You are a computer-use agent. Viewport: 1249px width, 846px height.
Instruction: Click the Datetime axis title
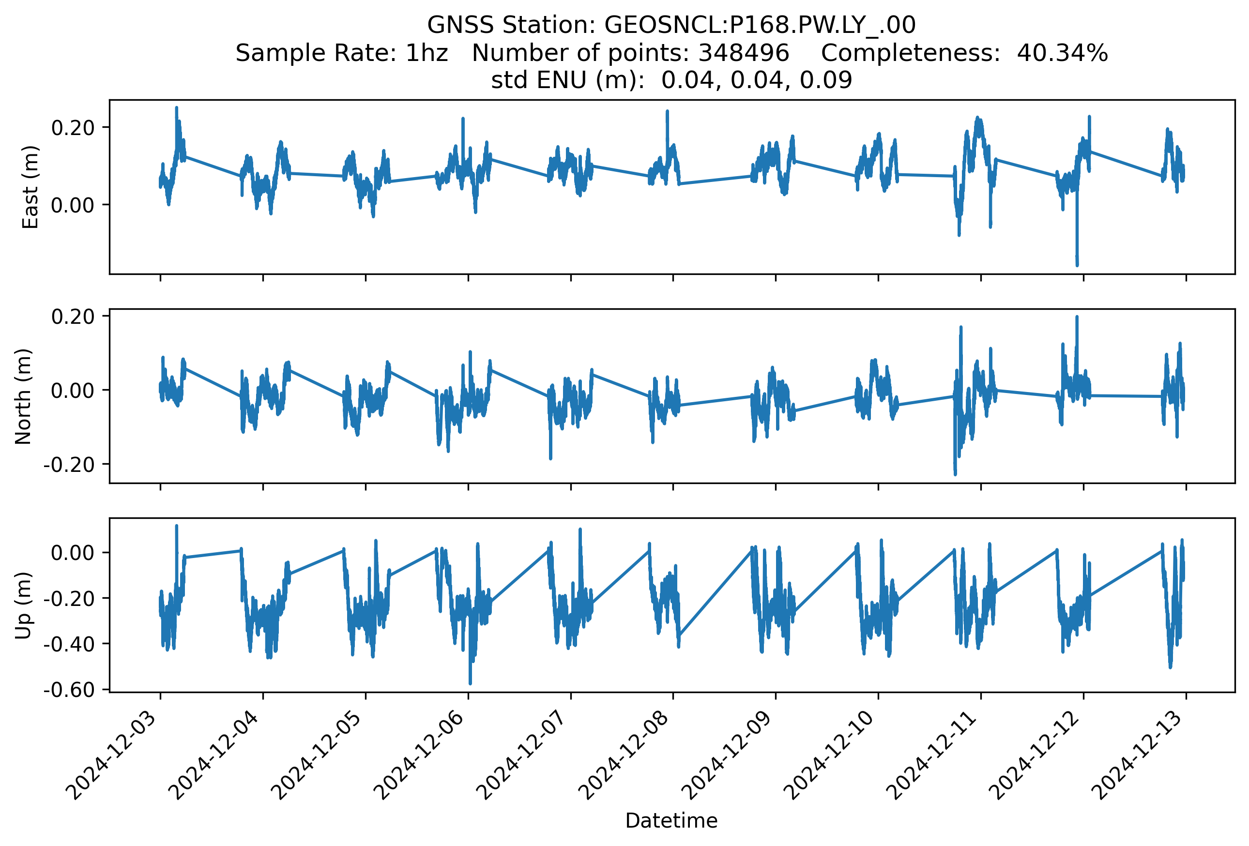pyautogui.click(x=671, y=821)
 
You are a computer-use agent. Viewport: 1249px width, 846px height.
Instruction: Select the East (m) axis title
pyautogui.click(x=30, y=187)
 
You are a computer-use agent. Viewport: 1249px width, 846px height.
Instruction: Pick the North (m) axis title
pyautogui.click(x=23, y=396)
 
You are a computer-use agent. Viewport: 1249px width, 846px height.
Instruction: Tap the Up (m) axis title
pyautogui.click(x=23, y=605)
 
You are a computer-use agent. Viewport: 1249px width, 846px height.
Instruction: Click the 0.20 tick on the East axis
pyautogui.click(x=73, y=128)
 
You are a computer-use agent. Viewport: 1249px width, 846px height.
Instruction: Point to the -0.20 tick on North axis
pyautogui.click(x=69, y=465)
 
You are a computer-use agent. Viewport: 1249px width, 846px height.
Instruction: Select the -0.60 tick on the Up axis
pyautogui.click(x=69, y=689)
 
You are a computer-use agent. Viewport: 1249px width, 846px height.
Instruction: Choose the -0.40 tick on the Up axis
pyautogui.click(x=69, y=644)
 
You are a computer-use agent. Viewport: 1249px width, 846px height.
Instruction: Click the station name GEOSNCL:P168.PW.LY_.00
pyautogui.click(x=760, y=25)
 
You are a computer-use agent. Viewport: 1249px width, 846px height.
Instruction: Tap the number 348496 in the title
pyautogui.click(x=743, y=53)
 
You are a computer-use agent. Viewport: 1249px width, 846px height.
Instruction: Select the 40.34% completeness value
pyautogui.click(x=1062, y=53)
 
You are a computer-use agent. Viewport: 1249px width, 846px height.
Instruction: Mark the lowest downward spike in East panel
pyautogui.click(x=1077, y=265)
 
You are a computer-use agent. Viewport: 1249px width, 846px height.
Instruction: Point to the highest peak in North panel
pyautogui.click(x=1077, y=317)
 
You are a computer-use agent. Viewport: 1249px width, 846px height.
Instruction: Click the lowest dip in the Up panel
pyautogui.click(x=470, y=684)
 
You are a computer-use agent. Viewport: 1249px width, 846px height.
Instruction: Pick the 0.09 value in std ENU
pyautogui.click(x=825, y=80)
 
